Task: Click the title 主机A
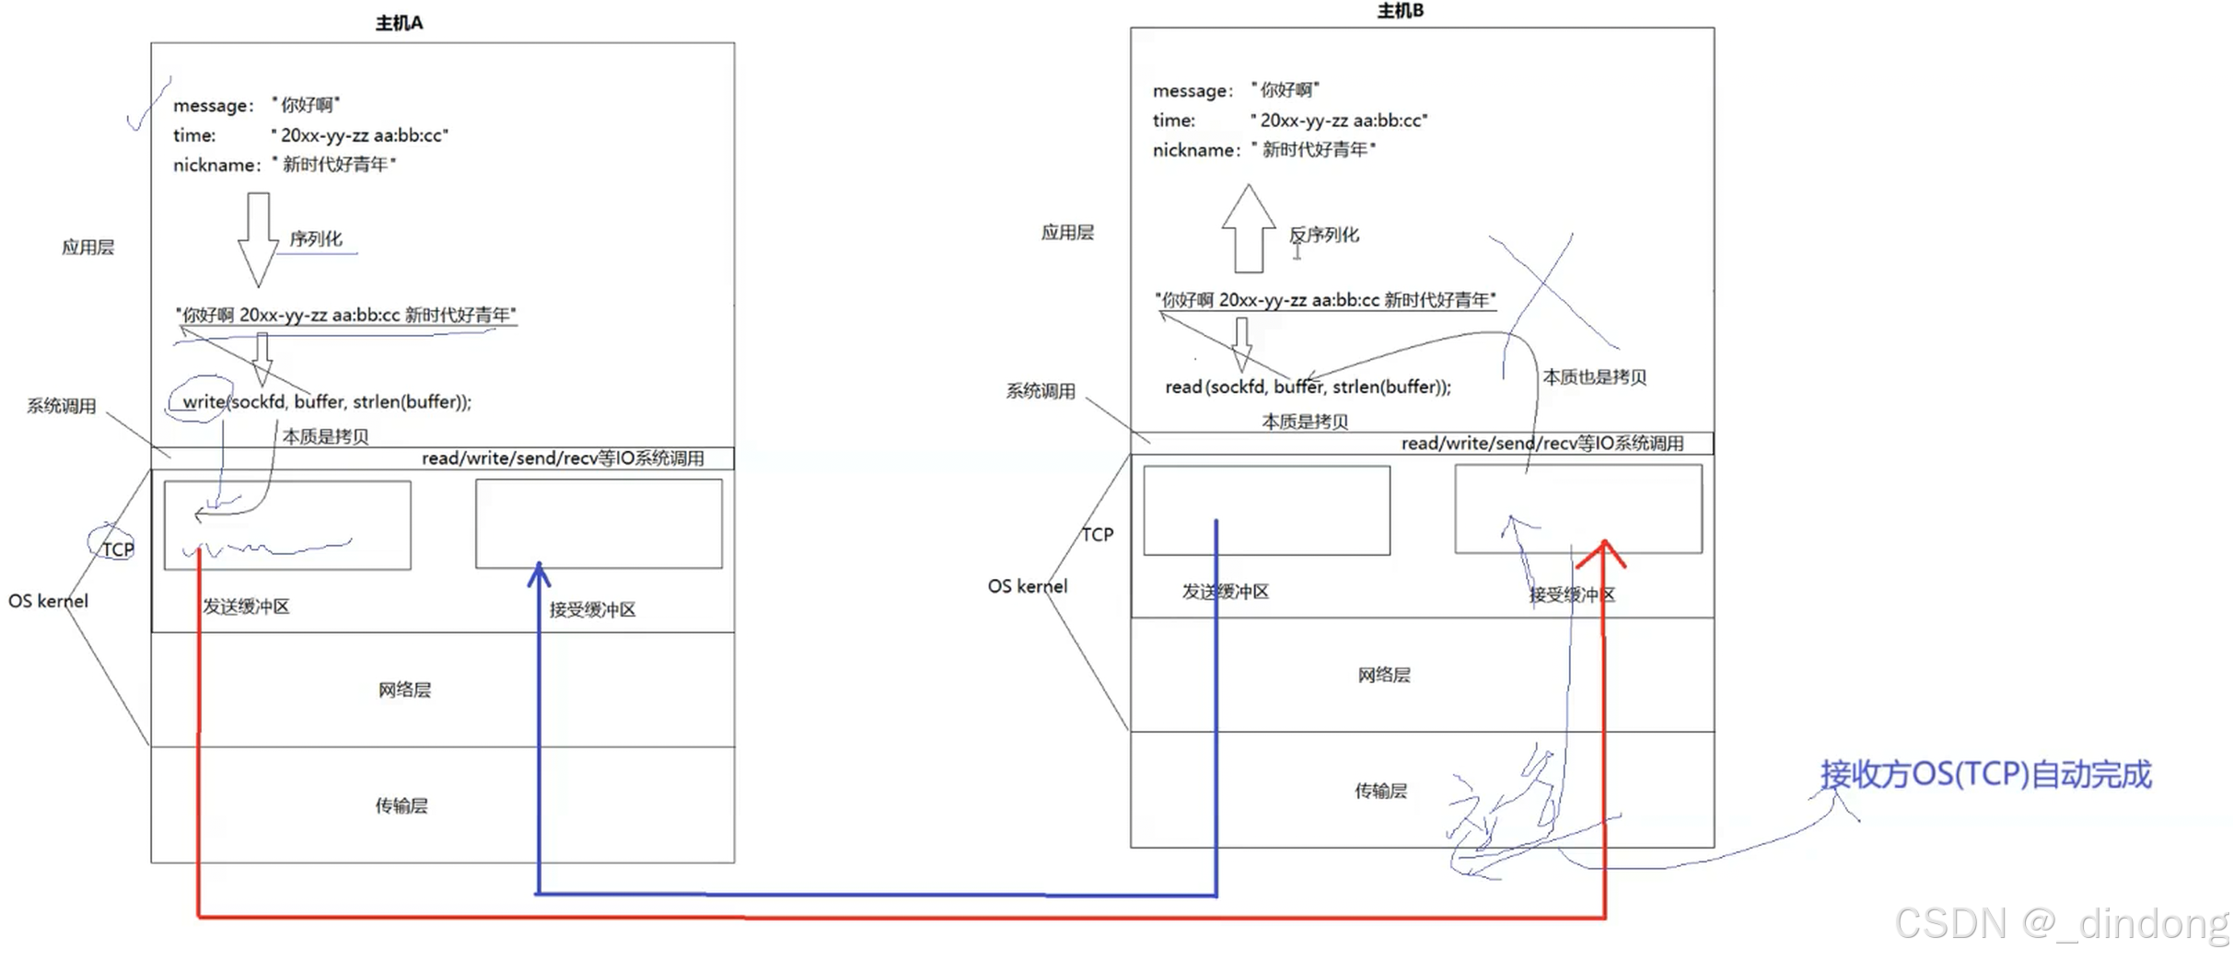point(399,23)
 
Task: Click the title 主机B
point(1400,11)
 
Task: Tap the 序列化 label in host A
point(316,239)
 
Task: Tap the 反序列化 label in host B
point(1324,236)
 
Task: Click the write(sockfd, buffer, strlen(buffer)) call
point(327,402)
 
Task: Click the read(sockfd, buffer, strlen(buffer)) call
point(1308,387)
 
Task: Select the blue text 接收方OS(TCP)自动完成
point(1985,775)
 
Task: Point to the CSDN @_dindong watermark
point(2061,923)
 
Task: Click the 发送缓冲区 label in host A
point(246,607)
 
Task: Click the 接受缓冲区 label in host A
point(592,609)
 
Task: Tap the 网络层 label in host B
point(1384,676)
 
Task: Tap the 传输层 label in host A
point(401,806)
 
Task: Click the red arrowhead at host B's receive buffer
point(1602,551)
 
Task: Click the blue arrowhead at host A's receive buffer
point(539,574)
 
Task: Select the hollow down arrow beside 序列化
point(258,239)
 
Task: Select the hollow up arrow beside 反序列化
point(1249,228)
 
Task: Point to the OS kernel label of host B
point(1028,586)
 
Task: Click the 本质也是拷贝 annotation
point(1594,377)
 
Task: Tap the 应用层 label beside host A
point(88,248)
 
